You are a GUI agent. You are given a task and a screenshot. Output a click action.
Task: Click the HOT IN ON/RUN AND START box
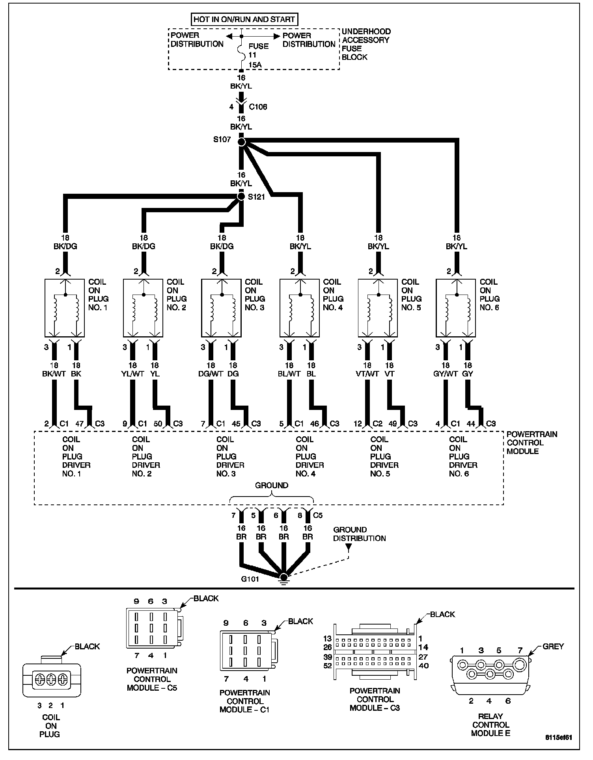point(244,19)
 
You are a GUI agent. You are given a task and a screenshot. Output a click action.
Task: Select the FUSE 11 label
point(258,50)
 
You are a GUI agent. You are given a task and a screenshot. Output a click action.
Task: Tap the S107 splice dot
point(242,141)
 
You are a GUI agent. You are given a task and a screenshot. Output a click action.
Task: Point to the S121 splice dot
point(241,196)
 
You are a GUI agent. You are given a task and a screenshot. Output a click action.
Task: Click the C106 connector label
point(258,107)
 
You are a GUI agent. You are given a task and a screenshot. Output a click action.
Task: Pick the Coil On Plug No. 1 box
point(65,308)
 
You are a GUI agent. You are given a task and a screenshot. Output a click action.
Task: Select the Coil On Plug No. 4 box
point(300,308)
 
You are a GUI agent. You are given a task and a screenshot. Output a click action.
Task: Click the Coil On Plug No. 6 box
point(456,308)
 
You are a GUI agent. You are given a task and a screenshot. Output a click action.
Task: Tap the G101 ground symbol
point(283,578)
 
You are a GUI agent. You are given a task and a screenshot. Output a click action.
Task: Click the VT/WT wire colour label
point(367,374)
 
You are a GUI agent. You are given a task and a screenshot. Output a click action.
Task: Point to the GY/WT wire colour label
point(445,374)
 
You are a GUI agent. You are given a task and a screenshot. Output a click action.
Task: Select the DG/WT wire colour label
point(211,374)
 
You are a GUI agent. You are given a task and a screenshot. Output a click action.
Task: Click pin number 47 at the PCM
point(80,424)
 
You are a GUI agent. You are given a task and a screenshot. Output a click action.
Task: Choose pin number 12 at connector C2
point(358,424)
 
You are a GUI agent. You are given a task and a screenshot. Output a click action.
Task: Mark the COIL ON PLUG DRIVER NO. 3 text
point(230,456)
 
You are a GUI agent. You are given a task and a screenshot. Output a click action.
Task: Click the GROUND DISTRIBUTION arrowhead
point(349,547)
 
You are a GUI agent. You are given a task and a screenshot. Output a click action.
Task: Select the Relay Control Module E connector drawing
point(490,675)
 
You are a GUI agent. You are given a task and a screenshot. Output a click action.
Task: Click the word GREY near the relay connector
point(553,646)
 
